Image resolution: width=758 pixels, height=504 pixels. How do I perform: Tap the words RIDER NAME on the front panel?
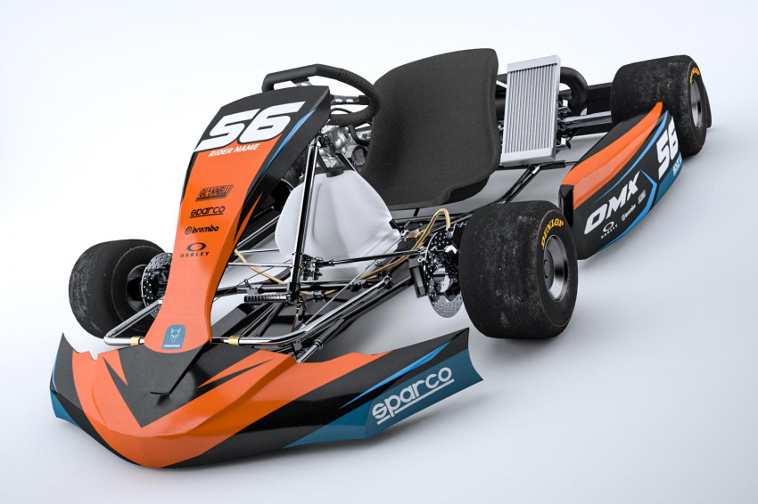234,150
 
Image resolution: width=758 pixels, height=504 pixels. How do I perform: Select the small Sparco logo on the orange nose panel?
207,211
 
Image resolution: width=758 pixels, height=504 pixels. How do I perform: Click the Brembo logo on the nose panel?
202,230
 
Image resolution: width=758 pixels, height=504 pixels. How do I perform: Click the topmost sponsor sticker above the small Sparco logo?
214,191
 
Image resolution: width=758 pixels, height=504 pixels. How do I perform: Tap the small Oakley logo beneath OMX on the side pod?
609,230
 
